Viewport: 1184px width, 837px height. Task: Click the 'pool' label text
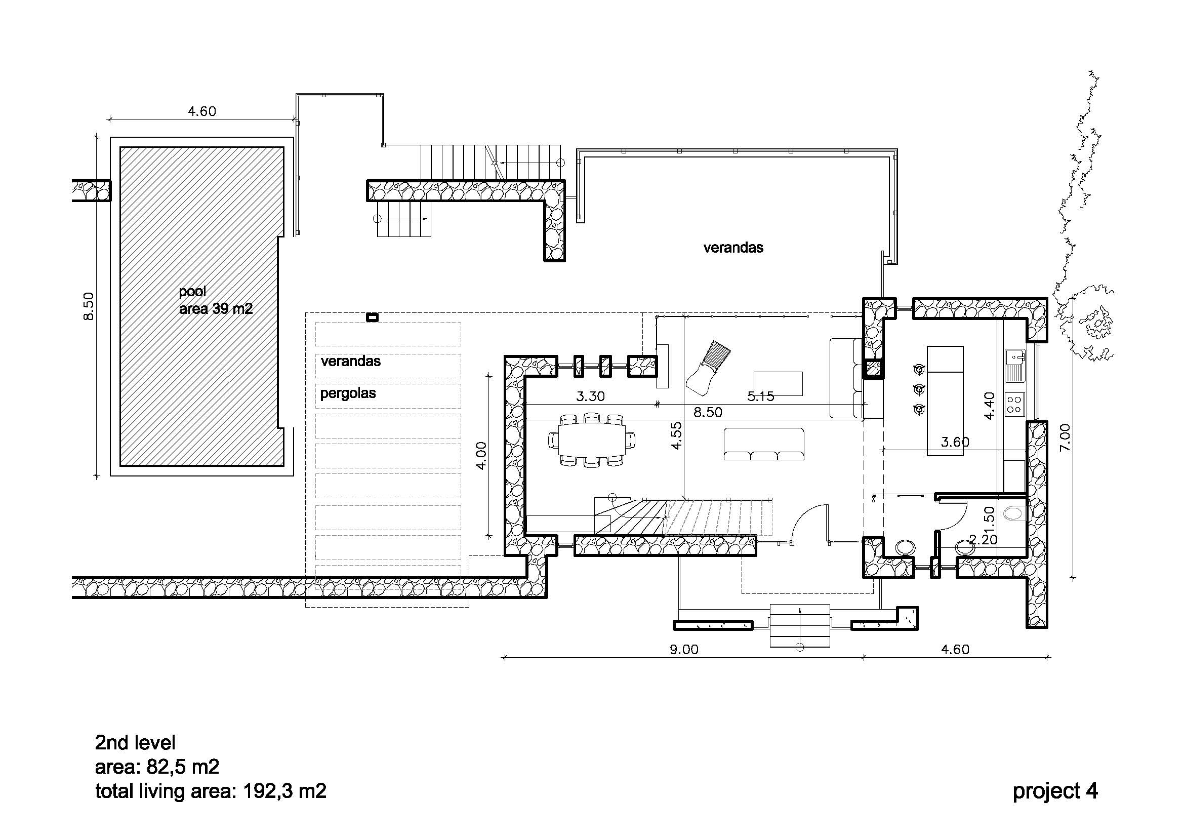pos(192,292)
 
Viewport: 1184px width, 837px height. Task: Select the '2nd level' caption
pos(135,743)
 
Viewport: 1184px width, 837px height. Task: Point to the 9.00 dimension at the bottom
pos(684,649)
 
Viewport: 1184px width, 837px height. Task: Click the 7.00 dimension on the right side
pos(1065,437)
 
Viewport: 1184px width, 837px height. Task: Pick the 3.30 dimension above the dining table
pos(590,396)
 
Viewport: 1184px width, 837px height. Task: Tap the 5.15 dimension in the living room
pos(761,396)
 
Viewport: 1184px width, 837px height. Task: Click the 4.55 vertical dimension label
pos(677,436)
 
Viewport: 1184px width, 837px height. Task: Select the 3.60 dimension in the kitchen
pos(955,442)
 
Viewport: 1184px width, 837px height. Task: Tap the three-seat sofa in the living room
pos(764,444)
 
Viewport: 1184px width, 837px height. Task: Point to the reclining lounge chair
pos(708,366)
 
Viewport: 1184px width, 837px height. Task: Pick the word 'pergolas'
pos(348,393)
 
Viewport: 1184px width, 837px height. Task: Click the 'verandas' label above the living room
pos(733,248)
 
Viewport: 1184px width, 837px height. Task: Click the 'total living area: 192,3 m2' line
pos(211,791)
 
